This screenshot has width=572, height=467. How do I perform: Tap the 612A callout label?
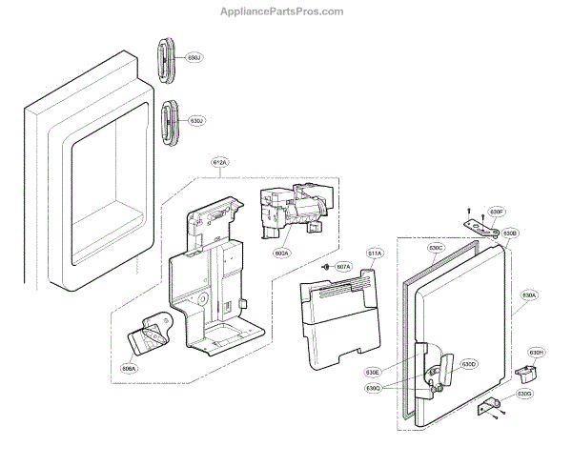click(x=220, y=164)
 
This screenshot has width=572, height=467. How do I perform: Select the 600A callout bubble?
click(x=281, y=254)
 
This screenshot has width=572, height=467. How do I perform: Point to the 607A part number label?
click(x=344, y=266)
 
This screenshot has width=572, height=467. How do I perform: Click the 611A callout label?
click(x=376, y=254)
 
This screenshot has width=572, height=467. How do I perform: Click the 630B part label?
click(x=510, y=233)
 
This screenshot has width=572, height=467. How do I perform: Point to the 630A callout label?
click(x=529, y=297)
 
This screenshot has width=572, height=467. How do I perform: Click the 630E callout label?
click(x=372, y=372)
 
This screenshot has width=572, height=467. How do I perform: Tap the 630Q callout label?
click(x=372, y=389)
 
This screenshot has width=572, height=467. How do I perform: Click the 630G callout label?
click(x=524, y=394)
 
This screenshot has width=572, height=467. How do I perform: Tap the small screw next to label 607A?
click(x=326, y=266)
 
